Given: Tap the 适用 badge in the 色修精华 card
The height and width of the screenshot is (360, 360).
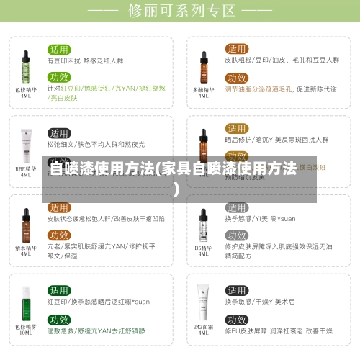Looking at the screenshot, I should click(x=59, y=50).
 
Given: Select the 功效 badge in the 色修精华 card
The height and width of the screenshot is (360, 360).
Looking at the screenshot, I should click(x=59, y=77).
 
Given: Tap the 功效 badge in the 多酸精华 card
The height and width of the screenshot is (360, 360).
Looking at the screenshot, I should click(x=236, y=78).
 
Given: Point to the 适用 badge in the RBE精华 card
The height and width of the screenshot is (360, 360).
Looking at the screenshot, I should click(x=59, y=133).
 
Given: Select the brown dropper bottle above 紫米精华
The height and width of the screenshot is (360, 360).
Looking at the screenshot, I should click(x=26, y=224).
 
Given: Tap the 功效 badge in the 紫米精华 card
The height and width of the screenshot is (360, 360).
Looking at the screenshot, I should click(x=59, y=235).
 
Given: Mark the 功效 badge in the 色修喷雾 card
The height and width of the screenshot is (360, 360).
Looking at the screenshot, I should click(x=59, y=319).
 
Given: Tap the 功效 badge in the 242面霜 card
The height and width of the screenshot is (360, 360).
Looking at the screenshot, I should click(x=236, y=319).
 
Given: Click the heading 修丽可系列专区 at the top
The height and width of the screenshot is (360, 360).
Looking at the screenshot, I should click(x=180, y=11).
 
